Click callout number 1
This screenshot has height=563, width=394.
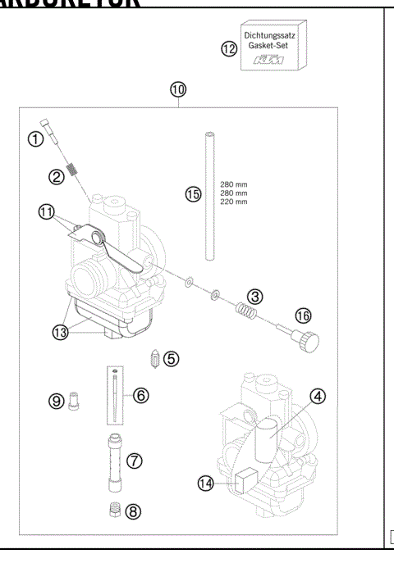click(34, 138)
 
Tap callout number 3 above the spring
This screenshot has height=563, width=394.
click(255, 294)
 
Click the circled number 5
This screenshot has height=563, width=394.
click(170, 358)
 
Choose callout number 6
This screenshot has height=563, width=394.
click(141, 395)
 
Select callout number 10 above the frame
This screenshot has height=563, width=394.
click(178, 89)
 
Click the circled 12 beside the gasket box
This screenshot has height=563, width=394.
click(229, 49)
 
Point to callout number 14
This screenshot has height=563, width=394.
click(207, 484)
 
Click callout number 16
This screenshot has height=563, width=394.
click(303, 315)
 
